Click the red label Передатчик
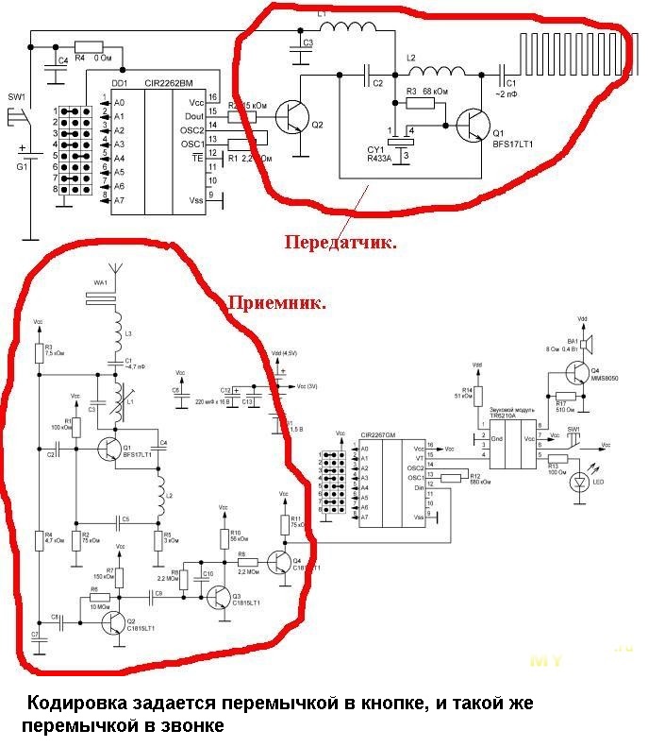(340, 243)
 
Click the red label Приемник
(278, 304)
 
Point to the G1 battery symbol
(32, 157)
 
